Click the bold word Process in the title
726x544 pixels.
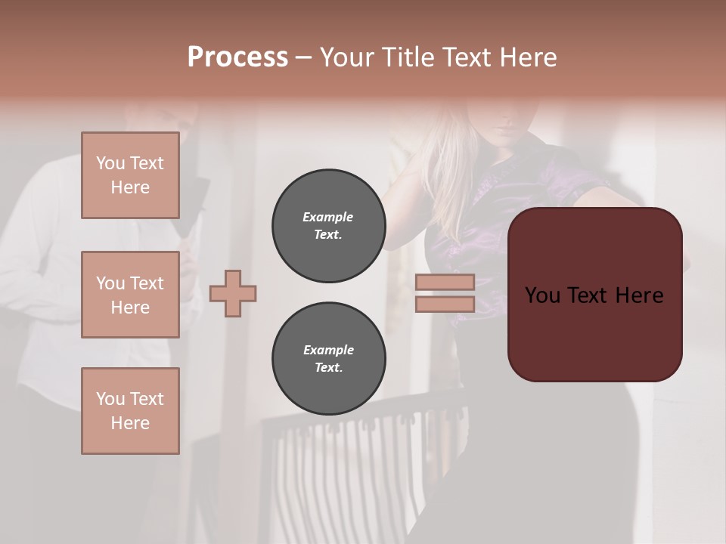point(237,57)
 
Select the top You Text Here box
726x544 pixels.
point(130,175)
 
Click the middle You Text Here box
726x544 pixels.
point(130,295)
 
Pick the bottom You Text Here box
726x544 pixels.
point(130,411)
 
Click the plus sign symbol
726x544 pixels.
point(233,293)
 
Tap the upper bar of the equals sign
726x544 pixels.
point(445,282)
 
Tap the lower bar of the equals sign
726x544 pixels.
point(445,304)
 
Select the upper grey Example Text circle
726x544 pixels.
point(328,225)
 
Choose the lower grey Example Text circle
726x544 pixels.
point(328,359)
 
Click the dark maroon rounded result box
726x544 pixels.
point(594,332)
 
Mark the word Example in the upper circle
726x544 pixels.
point(328,217)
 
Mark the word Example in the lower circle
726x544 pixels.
point(328,350)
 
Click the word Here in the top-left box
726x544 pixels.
point(130,187)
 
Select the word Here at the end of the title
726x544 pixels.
point(529,57)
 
